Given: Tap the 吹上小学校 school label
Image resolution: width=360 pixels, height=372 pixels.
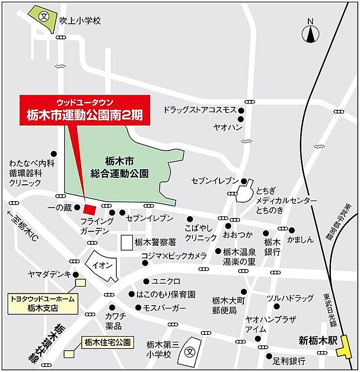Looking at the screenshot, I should pyautogui.click(x=80, y=20).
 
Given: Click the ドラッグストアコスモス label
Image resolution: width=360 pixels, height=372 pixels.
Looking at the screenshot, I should pyautogui.click(x=200, y=110).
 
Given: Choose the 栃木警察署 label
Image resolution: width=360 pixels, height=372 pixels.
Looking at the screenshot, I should pyautogui.click(x=155, y=242).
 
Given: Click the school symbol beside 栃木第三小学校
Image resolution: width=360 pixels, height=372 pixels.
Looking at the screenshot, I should pyautogui.click(x=189, y=352).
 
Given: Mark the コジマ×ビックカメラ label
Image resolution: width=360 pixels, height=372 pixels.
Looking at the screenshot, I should pyautogui.click(x=174, y=256).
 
